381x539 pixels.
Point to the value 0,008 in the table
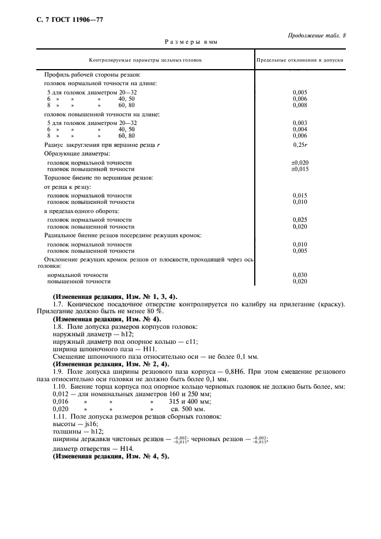[x=299, y=106]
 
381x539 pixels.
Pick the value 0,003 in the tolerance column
[x=299, y=123]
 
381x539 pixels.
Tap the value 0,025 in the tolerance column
[x=299, y=219]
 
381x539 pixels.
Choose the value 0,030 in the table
[x=299, y=275]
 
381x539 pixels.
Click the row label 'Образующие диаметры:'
[x=76, y=154]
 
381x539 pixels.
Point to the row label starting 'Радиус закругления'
[x=101, y=146]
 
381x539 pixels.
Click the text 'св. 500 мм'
[x=182, y=409]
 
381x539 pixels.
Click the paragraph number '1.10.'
[x=60, y=387]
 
